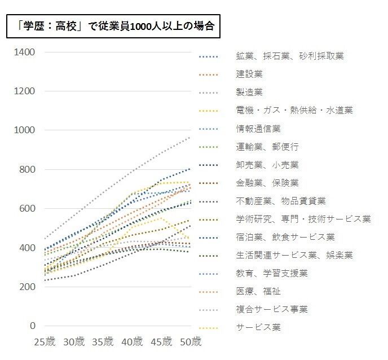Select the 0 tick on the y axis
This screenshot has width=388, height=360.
pos(32,326)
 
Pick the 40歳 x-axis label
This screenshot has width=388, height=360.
pos(132,342)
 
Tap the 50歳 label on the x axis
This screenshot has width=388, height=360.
pos(190,342)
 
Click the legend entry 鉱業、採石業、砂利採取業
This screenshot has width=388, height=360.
pos(290,56)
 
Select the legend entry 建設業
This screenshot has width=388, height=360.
pos(249,74)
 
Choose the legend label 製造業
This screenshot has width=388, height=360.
pos(249,92)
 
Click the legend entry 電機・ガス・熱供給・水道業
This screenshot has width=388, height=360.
pos(294,110)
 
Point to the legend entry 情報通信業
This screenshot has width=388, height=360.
pos(258,129)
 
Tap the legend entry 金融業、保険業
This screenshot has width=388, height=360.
pos(267,183)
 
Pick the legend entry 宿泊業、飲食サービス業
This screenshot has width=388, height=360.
pos(285,237)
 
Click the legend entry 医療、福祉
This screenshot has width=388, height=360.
pos(258,291)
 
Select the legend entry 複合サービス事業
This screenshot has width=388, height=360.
pos(271,309)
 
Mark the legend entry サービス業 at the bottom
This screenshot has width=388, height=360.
pos(258,327)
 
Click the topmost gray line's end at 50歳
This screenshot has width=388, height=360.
pos(190,137)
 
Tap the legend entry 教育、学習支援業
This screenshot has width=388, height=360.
pos(271,273)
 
